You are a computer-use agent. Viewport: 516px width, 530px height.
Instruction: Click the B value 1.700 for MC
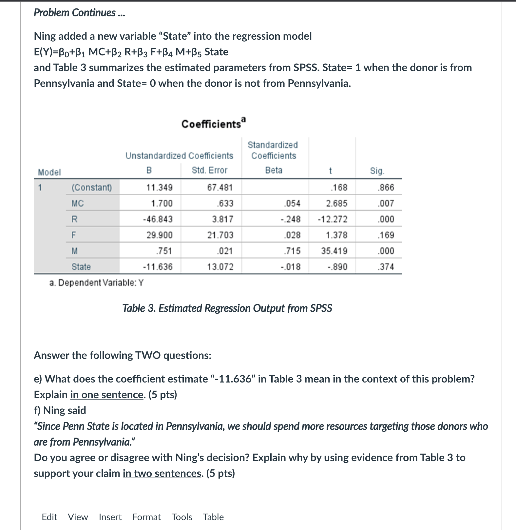pyautogui.click(x=162, y=204)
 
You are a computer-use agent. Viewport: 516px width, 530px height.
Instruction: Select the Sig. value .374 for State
pyautogui.click(x=386, y=267)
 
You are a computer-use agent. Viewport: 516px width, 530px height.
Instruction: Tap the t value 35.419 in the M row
pyautogui.click(x=334, y=251)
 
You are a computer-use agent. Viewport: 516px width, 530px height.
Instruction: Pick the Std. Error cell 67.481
pyautogui.click(x=220, y=188)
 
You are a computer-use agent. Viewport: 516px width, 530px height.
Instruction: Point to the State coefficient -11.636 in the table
pyautogui.click(x=158, y=267)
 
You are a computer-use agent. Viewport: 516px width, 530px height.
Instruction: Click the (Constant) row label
pyautogui.click(x=92, y=188)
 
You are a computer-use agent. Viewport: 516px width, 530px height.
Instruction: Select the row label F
pyautogui.click(x=74, y=235)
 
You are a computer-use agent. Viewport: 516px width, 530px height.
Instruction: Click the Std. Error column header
pyautogui.click(x=209, y=170)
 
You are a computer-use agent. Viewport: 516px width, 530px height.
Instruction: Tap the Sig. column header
pyautogui.click(x=377, y=171)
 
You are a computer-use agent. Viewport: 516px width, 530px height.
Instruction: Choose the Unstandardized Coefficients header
pyautogui.click(x=179, y=156)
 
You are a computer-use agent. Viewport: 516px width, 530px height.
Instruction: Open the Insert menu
pyautogui.click(x=110, y=517)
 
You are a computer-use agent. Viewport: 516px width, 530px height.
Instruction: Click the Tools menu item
pyautogui.click(x=182, y=517)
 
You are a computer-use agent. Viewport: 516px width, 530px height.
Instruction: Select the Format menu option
pyautogui.click(x=146, y=517)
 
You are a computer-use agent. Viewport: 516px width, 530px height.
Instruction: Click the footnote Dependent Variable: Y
pyautogui.click(x=96, y=283)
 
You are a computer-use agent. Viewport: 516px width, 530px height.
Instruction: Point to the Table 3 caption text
pyautogui.click(x=227, y=308)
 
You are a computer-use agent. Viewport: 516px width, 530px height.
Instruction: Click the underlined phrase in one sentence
pyautogui.click(x=106, y=395)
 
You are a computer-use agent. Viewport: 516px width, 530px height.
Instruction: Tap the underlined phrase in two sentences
pyautogui.click(x=162, y=473)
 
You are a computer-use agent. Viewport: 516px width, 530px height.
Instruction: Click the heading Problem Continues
pyautogui.click(x=79, y=12)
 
